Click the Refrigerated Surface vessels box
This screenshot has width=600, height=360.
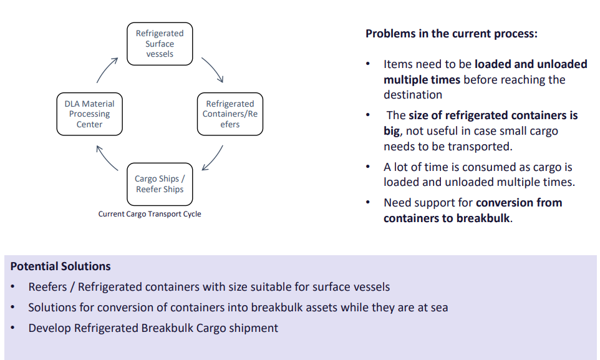click(160, 44)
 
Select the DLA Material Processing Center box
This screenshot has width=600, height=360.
click(90, 114)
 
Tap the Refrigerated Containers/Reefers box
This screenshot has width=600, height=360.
click(230, 114)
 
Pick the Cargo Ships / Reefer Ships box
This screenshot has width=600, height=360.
click(160, 184)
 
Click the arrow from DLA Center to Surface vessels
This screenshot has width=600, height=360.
click(105, 69)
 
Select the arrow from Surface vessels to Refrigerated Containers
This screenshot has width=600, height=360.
click(213, 69)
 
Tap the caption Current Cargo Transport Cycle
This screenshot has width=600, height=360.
click(150, 214)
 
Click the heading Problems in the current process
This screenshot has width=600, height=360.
click(452, 34)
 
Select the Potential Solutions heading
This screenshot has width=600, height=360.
click(60, 266)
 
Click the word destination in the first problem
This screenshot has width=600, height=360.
click(413, 95)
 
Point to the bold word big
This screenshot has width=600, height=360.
click(392, 131)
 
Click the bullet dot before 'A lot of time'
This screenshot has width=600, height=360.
click(368, 167)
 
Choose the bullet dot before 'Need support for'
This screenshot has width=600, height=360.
click(368, 202)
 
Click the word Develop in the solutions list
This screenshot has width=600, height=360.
click(49, 328)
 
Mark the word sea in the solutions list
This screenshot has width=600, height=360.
click(439, 308)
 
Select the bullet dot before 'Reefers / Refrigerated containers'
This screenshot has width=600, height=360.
click(12, 286)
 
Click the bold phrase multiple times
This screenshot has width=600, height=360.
click(422, 80)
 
